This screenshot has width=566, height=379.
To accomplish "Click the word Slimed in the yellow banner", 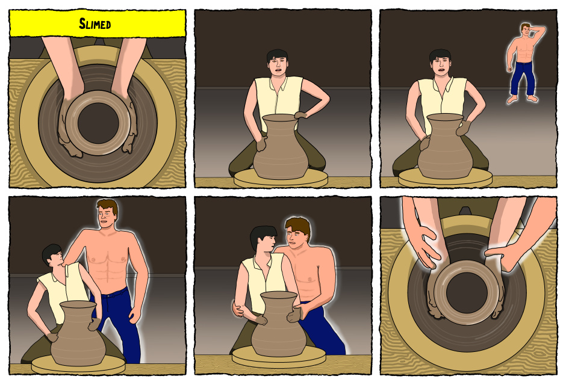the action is tap(95, 24).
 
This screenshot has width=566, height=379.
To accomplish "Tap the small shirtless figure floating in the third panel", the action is tap(525, 63).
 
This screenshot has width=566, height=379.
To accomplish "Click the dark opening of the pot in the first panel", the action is tap(98, 123).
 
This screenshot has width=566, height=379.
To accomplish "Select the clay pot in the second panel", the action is tap(281, 147).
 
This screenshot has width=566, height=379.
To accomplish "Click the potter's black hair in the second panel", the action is tap(277, 55).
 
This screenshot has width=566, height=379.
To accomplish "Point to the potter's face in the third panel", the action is tap(441, 66).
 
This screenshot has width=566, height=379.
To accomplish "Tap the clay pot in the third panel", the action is tap(445, 146).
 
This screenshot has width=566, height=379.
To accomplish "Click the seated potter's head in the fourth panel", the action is tap(53, 255).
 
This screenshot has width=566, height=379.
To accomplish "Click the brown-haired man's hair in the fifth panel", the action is tap(299, 226).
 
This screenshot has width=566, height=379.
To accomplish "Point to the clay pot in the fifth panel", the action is tap(278, 324).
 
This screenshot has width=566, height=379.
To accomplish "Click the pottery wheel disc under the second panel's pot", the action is tap(281, 179).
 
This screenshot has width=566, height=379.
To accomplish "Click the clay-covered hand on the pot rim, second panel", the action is tap(300, 116).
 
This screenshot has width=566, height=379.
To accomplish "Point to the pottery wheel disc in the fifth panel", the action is tap(279, 357).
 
